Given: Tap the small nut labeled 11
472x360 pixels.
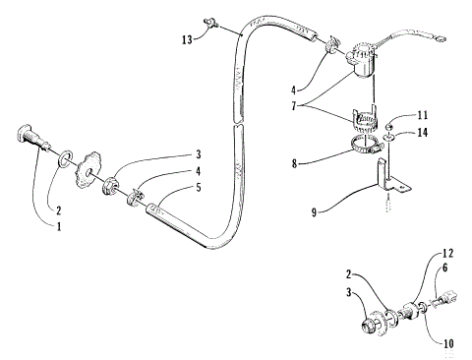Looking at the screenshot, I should (x=389, y=124).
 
